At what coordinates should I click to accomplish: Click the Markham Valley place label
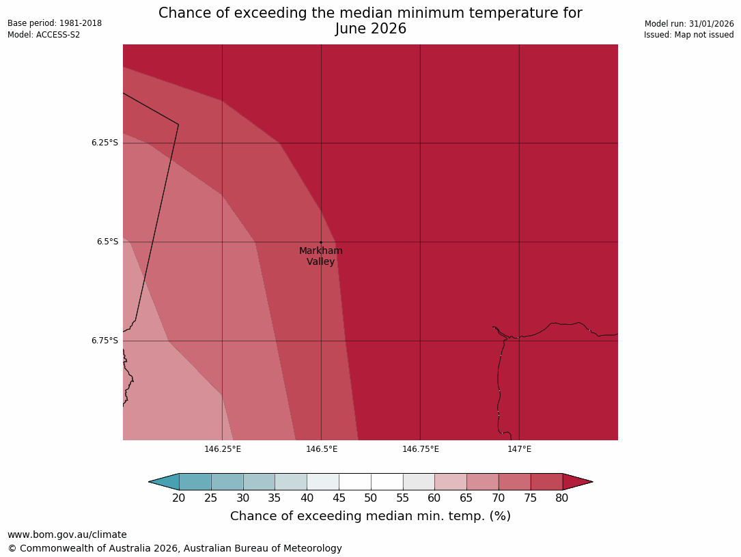(321, 256)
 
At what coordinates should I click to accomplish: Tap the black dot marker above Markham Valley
(321, 242)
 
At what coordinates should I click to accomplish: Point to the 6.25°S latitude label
(104, 143)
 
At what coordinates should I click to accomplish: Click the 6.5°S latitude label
(107, 242)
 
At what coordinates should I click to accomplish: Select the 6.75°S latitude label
(104, 341)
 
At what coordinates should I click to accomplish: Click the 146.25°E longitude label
(223, 449)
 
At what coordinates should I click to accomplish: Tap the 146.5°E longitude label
(322, 449)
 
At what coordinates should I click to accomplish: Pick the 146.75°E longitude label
(421, 449)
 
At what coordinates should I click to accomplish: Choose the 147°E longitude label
(520, 449)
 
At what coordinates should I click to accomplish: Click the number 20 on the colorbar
(179, 498)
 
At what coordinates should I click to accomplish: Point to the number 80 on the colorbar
(562, 498)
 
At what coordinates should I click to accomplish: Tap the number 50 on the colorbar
(371, 498)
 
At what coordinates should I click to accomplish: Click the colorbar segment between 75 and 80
(546, 482)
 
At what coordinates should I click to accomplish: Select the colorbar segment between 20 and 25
(195, 482)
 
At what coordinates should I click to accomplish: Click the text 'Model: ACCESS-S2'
(44, 35)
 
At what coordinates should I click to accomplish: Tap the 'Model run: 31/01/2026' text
(689, 23)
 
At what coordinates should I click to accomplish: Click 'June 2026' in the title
(371, 29)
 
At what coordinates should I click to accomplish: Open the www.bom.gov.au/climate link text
(67, 534)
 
